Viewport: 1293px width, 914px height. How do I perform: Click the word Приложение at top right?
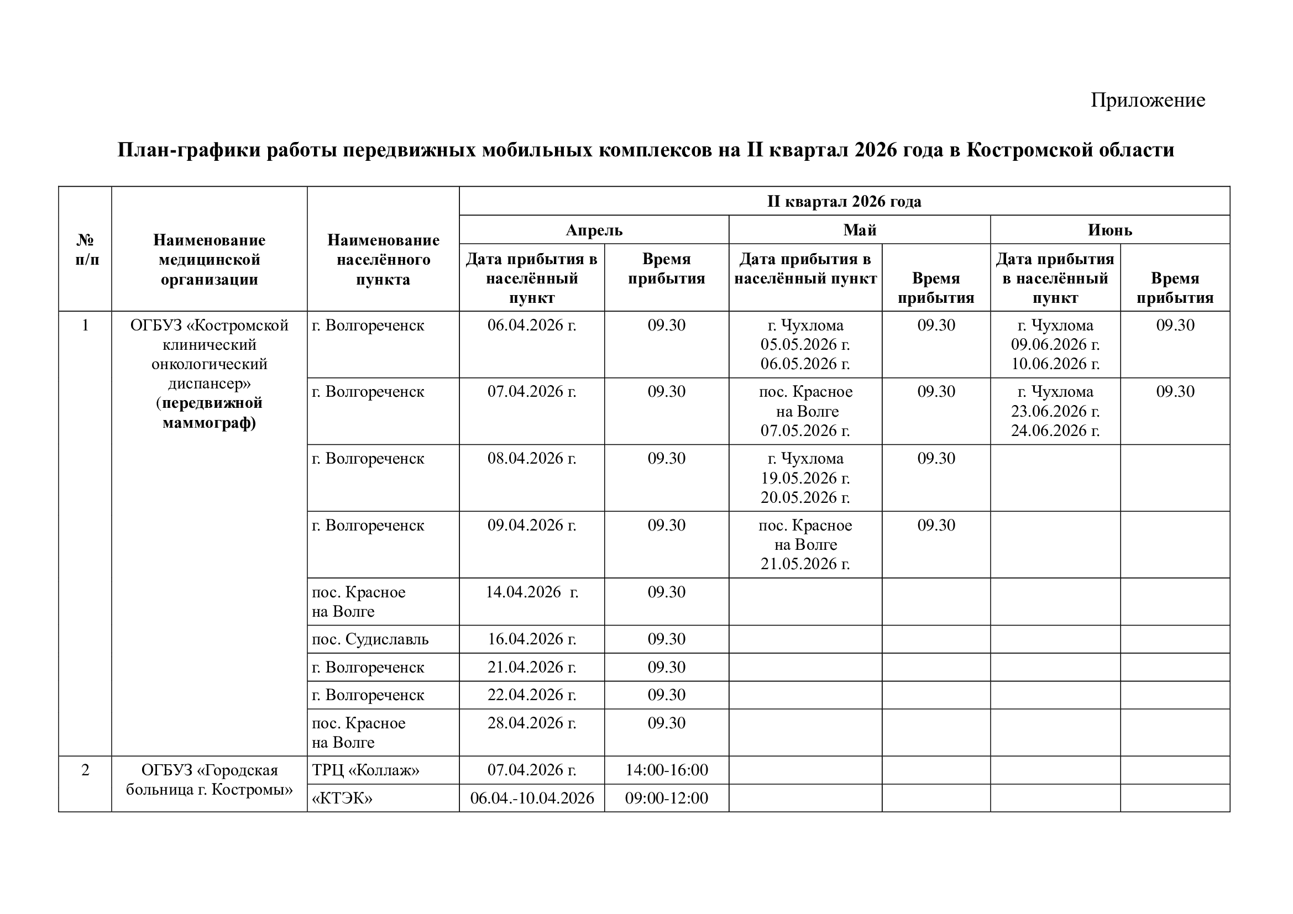click(1147, 100)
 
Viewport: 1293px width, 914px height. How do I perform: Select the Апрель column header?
click(594, 230)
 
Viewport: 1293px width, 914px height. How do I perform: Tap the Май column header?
click(860, 230)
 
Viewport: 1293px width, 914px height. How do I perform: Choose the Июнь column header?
click(1109, 230)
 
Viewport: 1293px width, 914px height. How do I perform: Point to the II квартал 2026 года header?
click(844, 202)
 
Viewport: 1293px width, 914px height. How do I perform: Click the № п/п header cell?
click(85, 250)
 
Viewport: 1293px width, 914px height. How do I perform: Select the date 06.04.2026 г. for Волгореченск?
click(532, 325)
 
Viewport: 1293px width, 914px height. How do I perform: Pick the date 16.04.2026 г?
click(532, 639)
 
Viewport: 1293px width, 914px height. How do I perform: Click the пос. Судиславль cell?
click(370, 639)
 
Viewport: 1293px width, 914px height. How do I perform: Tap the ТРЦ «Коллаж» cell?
click(365, 770)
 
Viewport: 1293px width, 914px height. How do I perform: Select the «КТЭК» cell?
click(342, 798)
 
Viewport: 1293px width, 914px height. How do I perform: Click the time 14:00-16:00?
click(666, 770)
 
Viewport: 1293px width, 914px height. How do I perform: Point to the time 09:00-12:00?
click(666, 798)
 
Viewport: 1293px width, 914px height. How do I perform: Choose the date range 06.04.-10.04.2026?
click(532, 798)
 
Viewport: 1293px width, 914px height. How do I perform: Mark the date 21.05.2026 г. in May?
click(805, 564)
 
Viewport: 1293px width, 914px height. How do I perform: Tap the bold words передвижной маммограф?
click(209, 413)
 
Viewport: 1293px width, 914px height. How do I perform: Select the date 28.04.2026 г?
click(532, 723)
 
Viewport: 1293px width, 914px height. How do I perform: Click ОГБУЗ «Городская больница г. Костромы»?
click(209, 780)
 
